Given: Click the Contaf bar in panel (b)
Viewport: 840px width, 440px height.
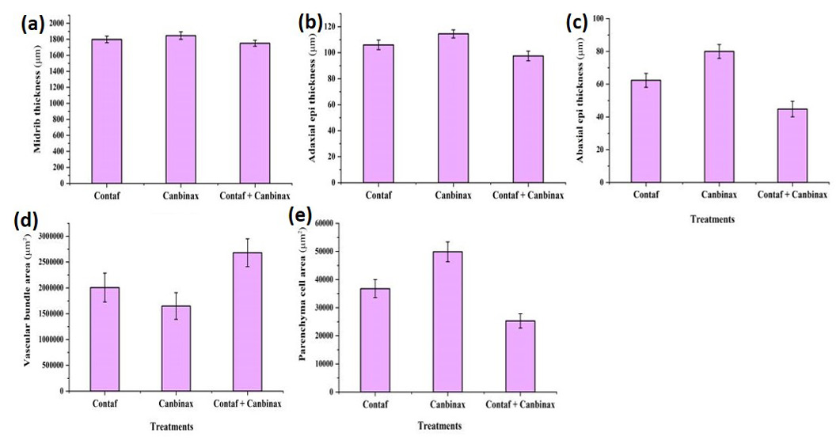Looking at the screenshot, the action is pyautogui.click(x=378, y=113).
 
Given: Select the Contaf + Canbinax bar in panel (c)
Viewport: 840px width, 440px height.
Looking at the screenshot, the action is pyautogui.click(x=792, y=146).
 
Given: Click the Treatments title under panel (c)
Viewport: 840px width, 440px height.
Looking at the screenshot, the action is pyautogui.click(x=712, y=219).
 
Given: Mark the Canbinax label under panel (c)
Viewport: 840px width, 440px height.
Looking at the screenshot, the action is pyautogui.click(x=719, y=195).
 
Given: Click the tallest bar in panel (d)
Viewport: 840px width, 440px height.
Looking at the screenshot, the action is pyautogui.click(x=247, y=322).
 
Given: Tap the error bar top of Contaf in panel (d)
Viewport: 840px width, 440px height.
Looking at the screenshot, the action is pyautogui.click(x=105, y=273).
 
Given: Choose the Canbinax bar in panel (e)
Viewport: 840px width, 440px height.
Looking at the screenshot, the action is pyautogui.click(x=447, y=322).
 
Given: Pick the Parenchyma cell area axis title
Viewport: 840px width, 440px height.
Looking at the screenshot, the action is pyautogui.click(x=302, y=303).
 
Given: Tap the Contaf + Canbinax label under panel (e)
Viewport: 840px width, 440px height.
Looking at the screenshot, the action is pyautogui.click(x=520, y=404).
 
